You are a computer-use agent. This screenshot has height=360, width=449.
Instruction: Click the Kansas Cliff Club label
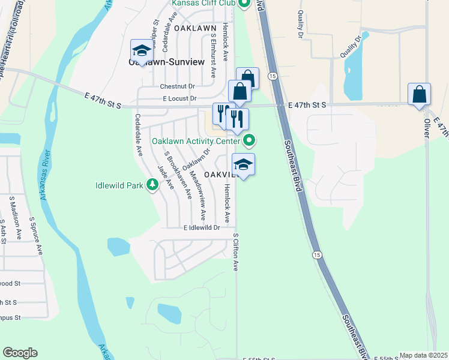point(203,4)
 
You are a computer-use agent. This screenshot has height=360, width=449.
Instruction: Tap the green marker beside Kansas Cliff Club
point(243,4)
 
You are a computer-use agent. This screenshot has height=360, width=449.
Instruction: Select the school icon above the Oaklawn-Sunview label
point(142,50)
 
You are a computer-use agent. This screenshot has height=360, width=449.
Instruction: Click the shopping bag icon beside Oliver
point(419,95)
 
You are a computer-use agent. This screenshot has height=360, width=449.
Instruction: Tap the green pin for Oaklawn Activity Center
point(250,141)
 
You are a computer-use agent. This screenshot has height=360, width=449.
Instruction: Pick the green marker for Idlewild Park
point(152,185)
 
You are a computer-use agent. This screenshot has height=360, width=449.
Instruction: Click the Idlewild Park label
point(119,185)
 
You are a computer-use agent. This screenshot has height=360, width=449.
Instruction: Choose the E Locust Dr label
point(179,98)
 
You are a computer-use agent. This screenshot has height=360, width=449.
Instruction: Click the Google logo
point(20,353)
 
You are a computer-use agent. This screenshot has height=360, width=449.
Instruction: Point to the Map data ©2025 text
point(423,355)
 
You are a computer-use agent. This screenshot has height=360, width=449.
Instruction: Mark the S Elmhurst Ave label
point(213,55)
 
